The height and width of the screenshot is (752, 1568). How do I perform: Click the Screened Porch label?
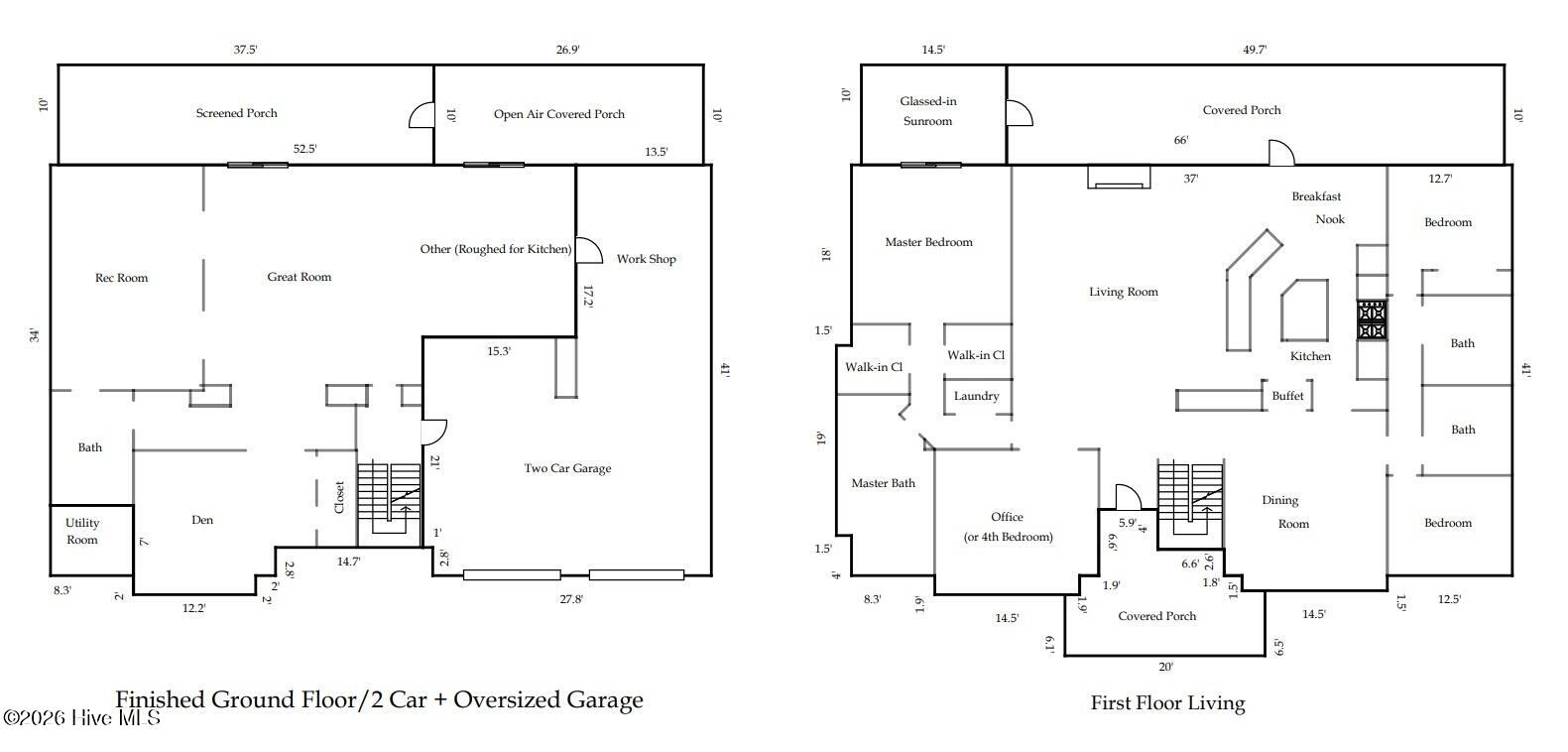pos(237,113)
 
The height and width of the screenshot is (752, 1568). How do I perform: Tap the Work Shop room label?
pos(646,259)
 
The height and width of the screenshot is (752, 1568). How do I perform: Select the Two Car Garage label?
pos(567,468)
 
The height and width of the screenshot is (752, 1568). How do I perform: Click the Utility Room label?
pos(82,532)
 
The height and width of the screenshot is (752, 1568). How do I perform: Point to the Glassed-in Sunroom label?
pos(928,111)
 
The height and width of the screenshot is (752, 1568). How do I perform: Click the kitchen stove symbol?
pos(1372,320)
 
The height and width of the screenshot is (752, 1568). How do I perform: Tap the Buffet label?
pos(1288,396)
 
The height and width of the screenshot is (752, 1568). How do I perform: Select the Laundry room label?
pos(977,396)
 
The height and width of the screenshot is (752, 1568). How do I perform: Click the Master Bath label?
pos(884,483)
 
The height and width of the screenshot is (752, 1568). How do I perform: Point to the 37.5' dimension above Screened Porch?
pos(246,50)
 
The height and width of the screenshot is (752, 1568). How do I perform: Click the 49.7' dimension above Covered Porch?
pos(1255,50)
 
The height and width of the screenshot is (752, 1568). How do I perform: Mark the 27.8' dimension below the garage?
pos(571,599)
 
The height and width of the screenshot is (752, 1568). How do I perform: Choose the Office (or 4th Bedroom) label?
pos(1008,527)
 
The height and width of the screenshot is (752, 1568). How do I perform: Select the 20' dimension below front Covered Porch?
pos(1165,667)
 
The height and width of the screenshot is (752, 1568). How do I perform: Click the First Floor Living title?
pos(1167,703)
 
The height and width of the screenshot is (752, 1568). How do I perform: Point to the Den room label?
pos(202,520)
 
